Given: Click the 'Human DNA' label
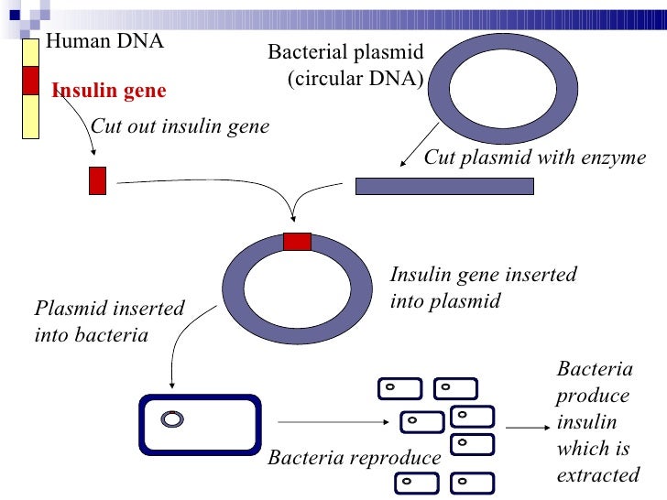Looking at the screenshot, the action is pyautogui.click(x=104, y=41).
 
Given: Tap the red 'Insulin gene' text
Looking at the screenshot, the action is pyautogui.click(x=109, y=90).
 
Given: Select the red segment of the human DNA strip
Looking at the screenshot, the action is pyautogui.click(x=30, y=81).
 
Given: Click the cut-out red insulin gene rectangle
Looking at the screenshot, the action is pyautogui.click(x=97, y=180).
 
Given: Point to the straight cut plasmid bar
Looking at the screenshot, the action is pyautogui.click(x=444, y=186).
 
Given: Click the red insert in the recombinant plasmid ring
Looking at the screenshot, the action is pyautogui.click(x=298, y=242).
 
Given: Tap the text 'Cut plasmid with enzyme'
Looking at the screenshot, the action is pyautogui.click(x=535, y=158).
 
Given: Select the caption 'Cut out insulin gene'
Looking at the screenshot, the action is pyautogui.click(x=180, y=126).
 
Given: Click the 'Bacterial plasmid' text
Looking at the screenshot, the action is pyautogui.click(x=345, y=52).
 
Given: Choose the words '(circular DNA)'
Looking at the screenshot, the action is pyautogui.click(x=355, y=78).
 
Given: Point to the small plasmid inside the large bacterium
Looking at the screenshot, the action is pyautogui.click(x=172, y=419).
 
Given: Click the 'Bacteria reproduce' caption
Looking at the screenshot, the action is pyautogui.click(x=355, y=458).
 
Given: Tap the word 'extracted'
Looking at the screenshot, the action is pyautogui.click(x=598, y=475).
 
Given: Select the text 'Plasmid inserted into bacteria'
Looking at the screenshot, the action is pyautogui.click(x=109, y=321).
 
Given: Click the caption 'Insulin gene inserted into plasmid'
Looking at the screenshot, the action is pyautogui.click(x=483, y=288).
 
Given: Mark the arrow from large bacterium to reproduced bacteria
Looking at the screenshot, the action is pyautogui.click(x=333, y=422).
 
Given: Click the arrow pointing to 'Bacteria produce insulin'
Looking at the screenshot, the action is pyautogui.click(x=528, y=428).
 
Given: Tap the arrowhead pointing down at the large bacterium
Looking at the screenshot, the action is pyautogui.click(x=172, y=386).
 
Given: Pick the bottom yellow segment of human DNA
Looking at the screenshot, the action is pyautogui.click(x=30, y=116).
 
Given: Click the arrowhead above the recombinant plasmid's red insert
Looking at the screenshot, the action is pyautogui.click(x=292, y=219).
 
